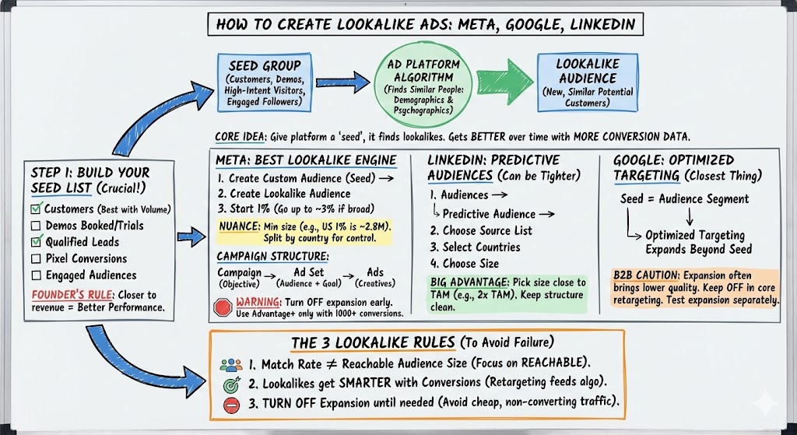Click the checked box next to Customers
click(35, 209)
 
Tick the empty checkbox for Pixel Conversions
click(35, 258)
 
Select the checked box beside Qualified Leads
click(35, 242)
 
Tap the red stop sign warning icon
click(223, 307)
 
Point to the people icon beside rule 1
click(231, 363)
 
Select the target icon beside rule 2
click(231, 384)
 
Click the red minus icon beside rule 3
click(231, 404)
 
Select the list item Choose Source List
click(481, 230)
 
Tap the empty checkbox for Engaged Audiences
click(35, 275)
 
